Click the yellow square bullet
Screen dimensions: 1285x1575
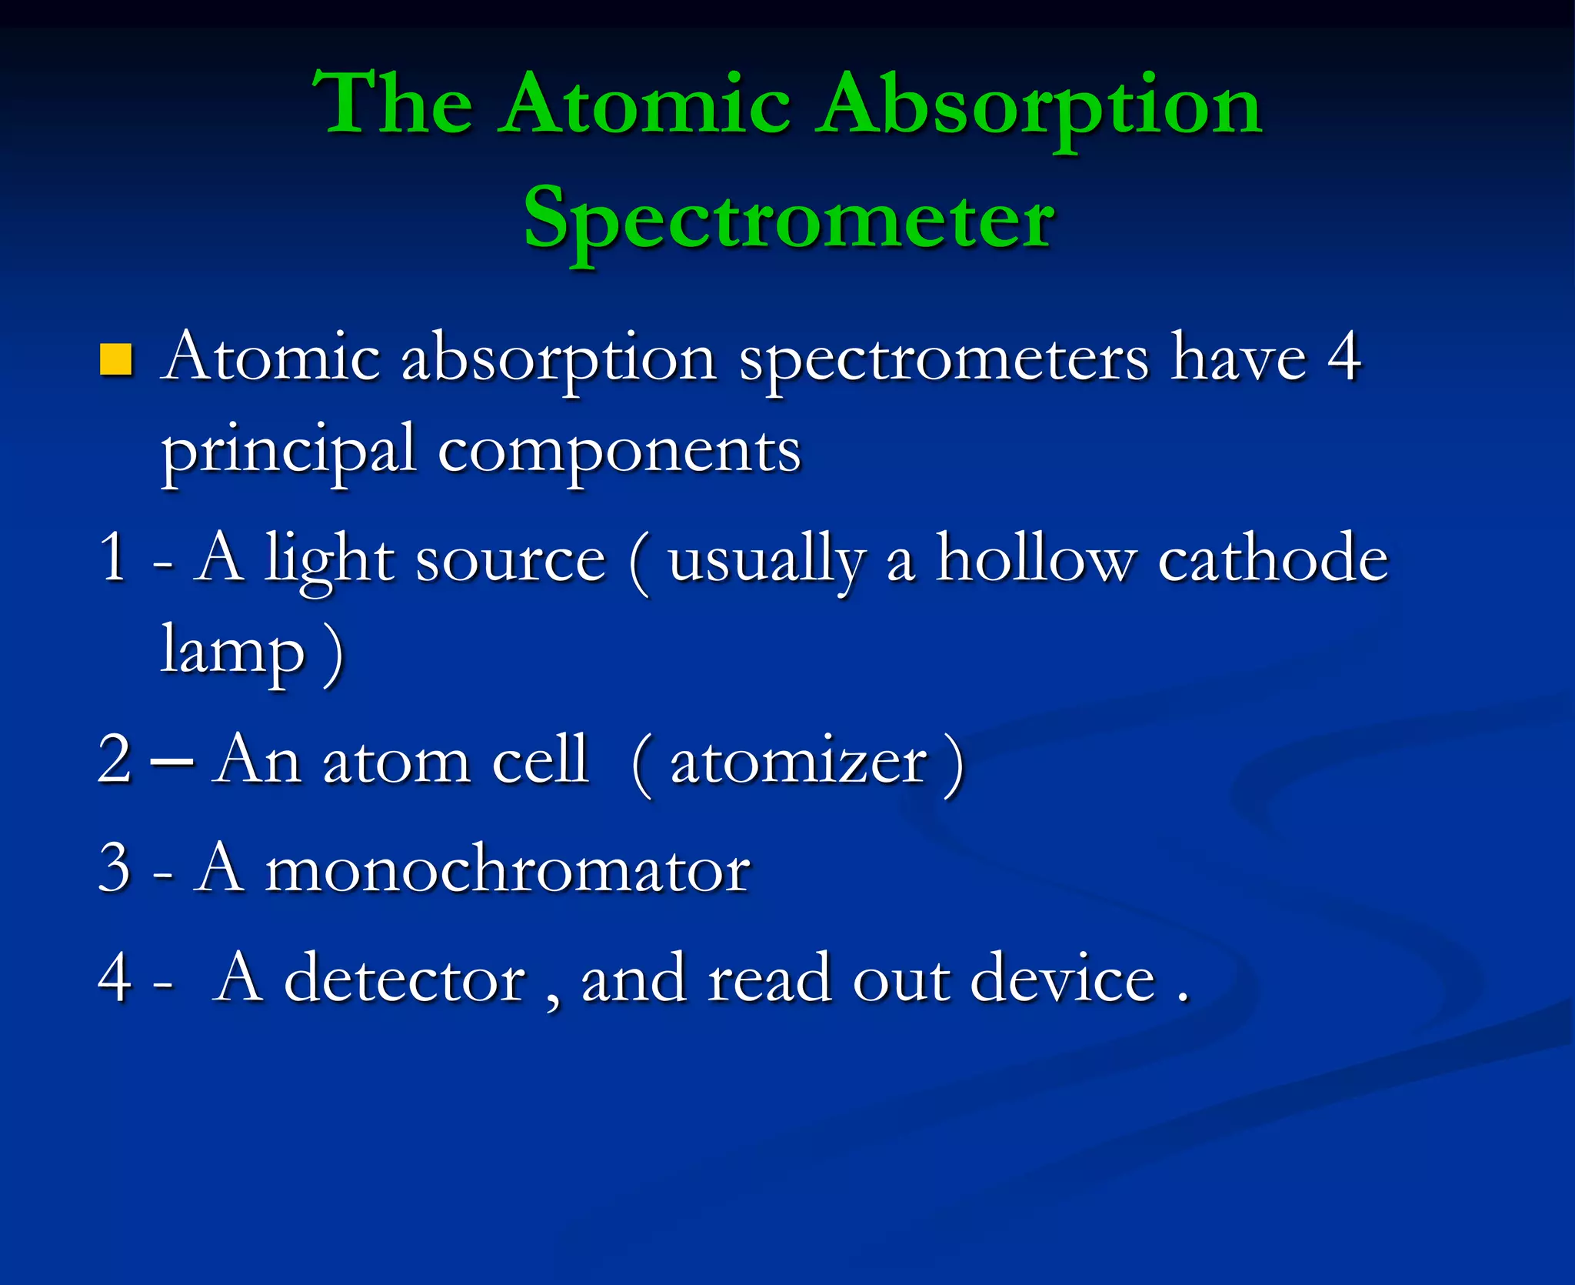(116, 359)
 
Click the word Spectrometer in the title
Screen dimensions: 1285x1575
(789, 219)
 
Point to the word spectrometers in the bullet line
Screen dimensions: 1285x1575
(944, 360)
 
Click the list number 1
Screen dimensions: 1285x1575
(113, 558)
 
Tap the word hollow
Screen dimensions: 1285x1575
(1035, 558)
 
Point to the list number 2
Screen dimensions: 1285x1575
(115, 759)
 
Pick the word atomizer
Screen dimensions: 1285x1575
(798, 762)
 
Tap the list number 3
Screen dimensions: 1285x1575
(115, 868)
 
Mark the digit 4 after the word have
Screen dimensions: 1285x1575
(1344, 357)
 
